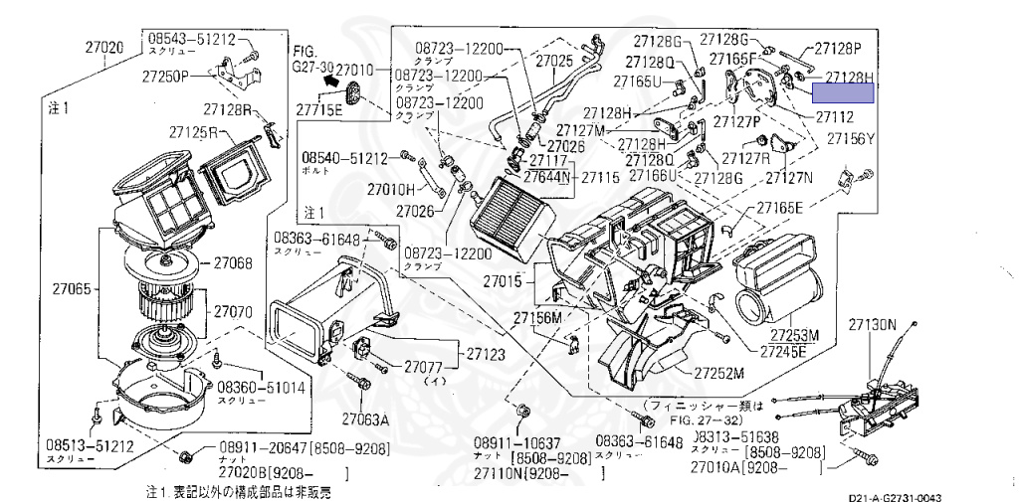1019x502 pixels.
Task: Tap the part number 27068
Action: (x=232, y=263)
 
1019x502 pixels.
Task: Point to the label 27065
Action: (x=73, y=290)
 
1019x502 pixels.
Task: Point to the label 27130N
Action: (x=873, y=324)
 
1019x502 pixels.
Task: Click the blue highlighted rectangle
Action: (x=843, y=93)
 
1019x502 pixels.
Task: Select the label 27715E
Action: (x=317, y=109)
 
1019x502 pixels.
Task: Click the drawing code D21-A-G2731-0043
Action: (x=895, y=497)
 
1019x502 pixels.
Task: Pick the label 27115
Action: (x=600, y=176)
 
